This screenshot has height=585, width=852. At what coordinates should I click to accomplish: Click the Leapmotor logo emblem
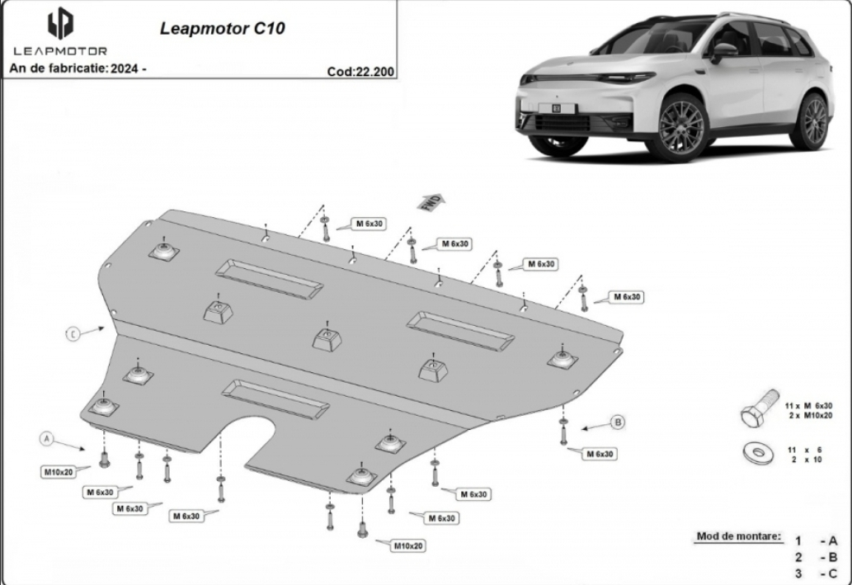click(60, 23)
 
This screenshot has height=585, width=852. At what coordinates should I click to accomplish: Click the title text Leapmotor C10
click(222, 28)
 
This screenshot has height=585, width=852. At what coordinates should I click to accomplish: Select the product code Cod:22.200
click(360, 71)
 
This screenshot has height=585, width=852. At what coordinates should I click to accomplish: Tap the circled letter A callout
click(47, 438)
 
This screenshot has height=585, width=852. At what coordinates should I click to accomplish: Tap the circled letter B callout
click(617, 422)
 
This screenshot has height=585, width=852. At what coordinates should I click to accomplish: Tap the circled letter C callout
click(73, 334)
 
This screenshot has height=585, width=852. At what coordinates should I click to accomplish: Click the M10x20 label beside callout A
click(59, 472)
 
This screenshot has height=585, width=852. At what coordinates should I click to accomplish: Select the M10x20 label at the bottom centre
click(408, 545)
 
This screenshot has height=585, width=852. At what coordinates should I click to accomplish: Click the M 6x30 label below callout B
click(600, 454)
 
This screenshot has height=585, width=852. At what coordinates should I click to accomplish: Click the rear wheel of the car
click(812, 121)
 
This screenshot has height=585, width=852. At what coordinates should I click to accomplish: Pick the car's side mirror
click(723, 51)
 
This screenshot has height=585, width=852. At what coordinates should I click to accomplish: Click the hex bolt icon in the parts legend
click(759, 408)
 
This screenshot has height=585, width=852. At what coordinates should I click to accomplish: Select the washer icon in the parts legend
click(759, 452)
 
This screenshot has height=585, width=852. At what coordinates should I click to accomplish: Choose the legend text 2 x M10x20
click(811, 415)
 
